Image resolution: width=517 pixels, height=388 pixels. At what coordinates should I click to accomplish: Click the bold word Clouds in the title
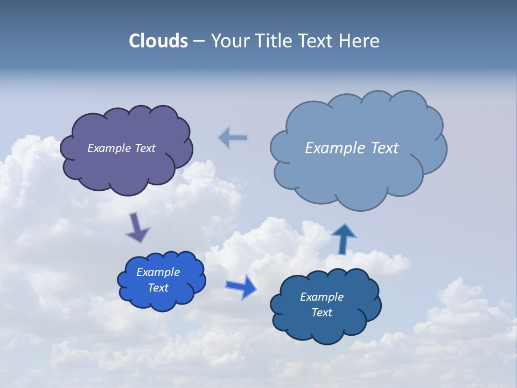(x=158, y=41)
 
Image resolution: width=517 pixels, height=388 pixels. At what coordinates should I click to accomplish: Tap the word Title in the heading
(x=274, y=41)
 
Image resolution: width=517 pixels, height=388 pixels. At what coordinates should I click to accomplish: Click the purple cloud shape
(x=127, y=167)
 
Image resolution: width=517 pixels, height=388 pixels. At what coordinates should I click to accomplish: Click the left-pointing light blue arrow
(x=233, y=138)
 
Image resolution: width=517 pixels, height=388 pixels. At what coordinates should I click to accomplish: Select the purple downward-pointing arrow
(x=137, y=227)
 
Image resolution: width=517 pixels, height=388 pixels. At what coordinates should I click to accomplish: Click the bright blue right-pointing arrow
(x=241, y=287)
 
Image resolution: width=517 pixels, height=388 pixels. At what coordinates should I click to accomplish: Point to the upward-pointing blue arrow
(x=343, y=238)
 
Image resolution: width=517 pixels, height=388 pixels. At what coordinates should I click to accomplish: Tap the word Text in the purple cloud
(x=145, y=148)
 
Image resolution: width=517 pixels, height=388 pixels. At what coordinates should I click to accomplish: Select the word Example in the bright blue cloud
(x=158, y=272)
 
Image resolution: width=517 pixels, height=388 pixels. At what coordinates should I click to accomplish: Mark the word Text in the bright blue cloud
(x=158, y=288)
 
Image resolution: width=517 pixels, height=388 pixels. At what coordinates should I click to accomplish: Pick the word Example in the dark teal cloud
(x=322, y=297)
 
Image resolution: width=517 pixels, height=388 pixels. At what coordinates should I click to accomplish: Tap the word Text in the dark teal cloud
(x=322, y=313)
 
